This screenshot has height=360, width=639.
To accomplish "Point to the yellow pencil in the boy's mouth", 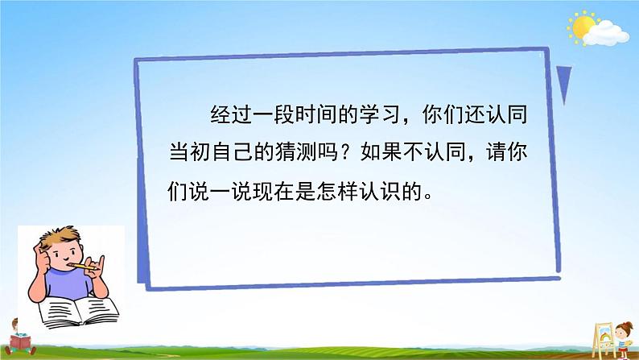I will point(76,263).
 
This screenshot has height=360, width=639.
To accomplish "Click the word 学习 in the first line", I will point(377,116).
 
